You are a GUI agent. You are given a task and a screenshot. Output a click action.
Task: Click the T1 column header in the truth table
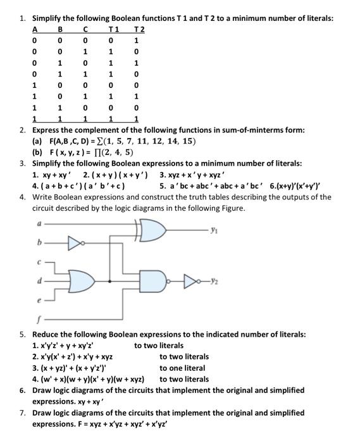114,30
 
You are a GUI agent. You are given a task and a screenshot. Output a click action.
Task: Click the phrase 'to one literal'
182,368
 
